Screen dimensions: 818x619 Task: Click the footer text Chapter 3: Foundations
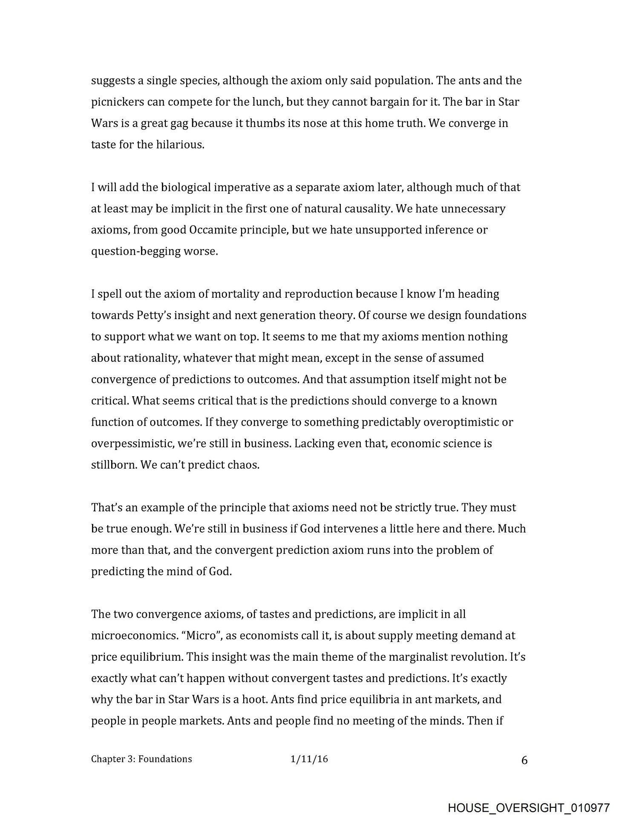coord(141,759)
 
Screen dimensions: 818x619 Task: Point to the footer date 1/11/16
coord(309,759)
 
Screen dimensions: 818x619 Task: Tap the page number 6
coord(524,760)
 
